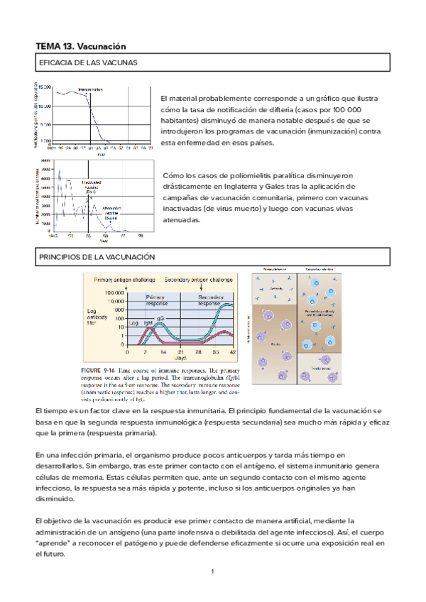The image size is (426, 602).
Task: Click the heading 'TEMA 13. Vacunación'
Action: pos(80,46)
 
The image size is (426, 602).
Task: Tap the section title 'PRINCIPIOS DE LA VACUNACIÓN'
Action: pos(95,256)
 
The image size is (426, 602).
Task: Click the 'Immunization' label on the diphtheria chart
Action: pos(90,89)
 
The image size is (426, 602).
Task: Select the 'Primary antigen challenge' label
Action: pos(122,280)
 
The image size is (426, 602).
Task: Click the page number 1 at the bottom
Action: pos(212,571)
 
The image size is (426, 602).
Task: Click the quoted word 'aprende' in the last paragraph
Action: pos(50,543)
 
